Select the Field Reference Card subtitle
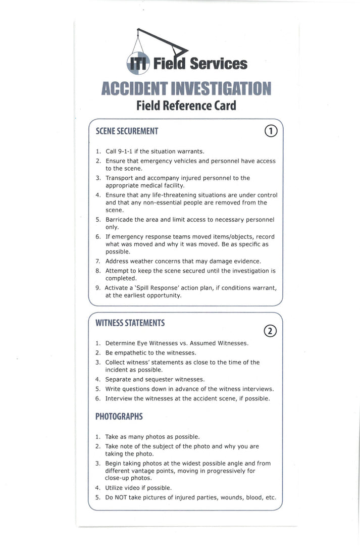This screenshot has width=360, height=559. [186, 106]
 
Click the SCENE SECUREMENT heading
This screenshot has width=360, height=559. [127, 131]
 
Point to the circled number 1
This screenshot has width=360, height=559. [271, 131]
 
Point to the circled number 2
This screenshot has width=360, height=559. [271, 331]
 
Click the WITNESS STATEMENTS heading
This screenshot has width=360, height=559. [130, 322]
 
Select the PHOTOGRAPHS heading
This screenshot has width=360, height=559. [119, 417]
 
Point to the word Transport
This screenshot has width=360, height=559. [122, 178]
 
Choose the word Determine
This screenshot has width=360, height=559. [122, 343]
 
